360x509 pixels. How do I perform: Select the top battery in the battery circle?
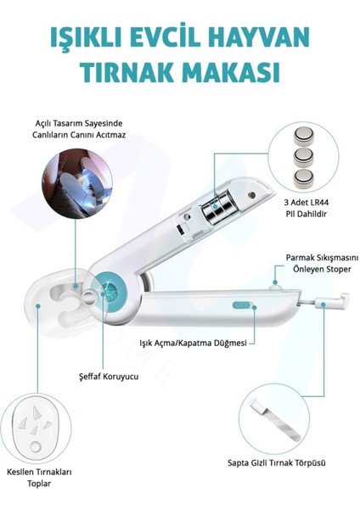pos(304,137)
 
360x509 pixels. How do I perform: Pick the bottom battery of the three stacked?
pos(304,179)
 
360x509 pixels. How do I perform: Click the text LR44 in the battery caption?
pos(319,203)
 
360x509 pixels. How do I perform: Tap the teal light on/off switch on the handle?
pos(242,305)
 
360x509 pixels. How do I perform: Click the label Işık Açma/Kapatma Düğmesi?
pos(193,343)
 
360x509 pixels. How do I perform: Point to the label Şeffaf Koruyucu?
pos(109,377)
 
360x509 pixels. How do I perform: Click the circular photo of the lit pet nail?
pos(77,183)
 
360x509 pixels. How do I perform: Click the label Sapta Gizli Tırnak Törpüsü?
pos(277,463)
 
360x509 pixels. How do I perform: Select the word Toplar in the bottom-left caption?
pos(39,484)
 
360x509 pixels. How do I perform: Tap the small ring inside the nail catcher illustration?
pos(35,447)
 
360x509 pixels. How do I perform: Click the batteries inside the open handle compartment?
pos(217,208)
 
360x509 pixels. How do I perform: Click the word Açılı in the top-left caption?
pos(43,124)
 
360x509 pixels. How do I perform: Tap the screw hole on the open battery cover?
pos(251,195)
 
